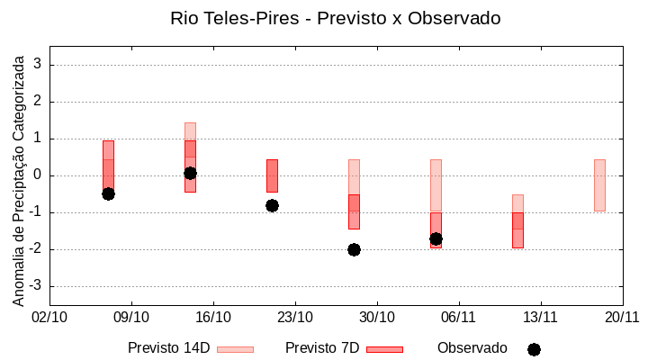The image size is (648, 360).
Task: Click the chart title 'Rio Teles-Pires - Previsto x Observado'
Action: [x=336, y=18]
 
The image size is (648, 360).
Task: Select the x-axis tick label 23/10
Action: [x=294, y=317]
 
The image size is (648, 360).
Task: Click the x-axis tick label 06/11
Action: [x=458, y=317]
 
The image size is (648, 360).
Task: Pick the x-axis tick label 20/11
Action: [x=622, y=317]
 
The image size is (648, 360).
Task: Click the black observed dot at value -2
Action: [x=354, y=249]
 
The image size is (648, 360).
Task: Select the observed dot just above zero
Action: [x=190, y=173]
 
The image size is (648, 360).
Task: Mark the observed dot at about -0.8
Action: [x=272, y=205]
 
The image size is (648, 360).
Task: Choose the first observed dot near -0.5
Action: [x=108, y=193]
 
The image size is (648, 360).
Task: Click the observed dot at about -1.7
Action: [x=436, y=238]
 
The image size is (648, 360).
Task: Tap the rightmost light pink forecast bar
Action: [x=599, y=184]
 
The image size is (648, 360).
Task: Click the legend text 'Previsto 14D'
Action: [x=168, y=348]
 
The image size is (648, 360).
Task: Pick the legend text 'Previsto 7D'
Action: [x=322, y=348]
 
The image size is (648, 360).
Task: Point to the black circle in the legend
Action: [x=534, y=349]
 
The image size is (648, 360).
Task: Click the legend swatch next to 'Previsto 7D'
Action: [x=384, y=349]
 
